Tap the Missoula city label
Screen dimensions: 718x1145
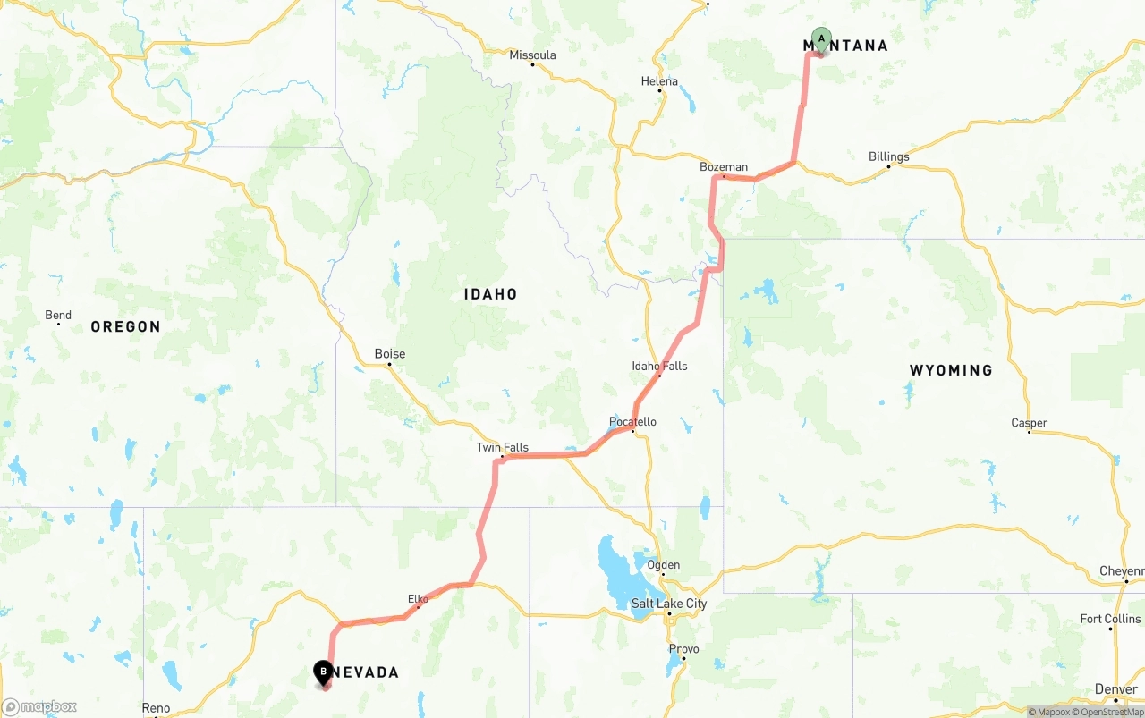[532, 55]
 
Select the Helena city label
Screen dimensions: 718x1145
[659, 81]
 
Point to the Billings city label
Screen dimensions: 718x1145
[888, 157]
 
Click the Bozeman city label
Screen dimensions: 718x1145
[724, 167]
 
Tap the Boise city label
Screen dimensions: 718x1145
[389, 354]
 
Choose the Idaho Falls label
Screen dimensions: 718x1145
[659, 366]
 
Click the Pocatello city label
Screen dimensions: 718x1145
[632, 422]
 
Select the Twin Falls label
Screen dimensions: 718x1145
[502, 448]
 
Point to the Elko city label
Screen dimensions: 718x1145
[418, 599]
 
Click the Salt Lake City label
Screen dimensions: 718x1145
[669, 604]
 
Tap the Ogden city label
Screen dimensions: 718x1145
[664, 565]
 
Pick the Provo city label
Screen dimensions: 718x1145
[683, 649]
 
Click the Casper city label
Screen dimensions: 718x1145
[1029, 423]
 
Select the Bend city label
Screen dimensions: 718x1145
[58, 316]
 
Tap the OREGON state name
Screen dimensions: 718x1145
[125, 327]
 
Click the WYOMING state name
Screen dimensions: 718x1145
[951, 370]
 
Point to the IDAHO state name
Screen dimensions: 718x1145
[490, 294]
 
